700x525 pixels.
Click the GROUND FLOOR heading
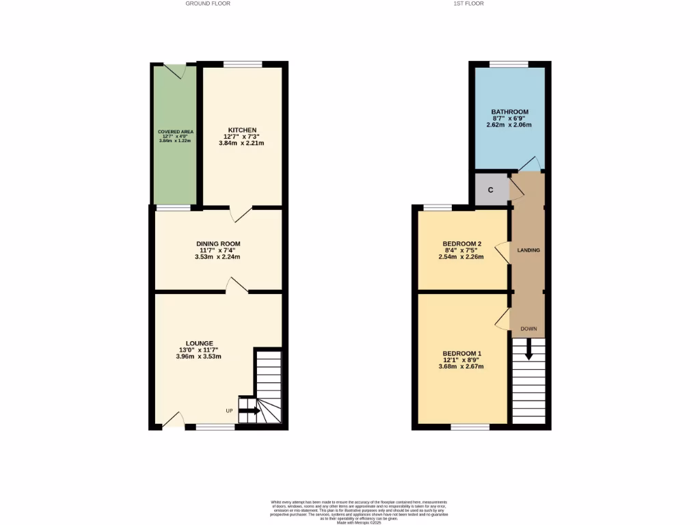click(x=208, y=3)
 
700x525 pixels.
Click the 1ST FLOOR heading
click(x=469, y=3)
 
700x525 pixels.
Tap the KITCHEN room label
click(x=242, y=130)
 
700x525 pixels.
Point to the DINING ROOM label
click(x=218, y=244)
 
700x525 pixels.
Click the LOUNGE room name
click(x=200, y=343)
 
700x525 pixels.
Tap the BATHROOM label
click(x=510, y=111)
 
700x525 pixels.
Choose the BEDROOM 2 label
click(x=462, y=244)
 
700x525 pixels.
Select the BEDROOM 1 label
click(x=461, y=353)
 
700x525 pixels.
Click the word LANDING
click(x=528, y=250)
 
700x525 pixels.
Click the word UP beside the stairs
click(x=230, y=411)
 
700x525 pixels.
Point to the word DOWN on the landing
click(x=528, y=329)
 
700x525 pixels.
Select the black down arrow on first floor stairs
click(x=528, y=350)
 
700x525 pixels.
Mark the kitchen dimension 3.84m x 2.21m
click(x=241, y=143)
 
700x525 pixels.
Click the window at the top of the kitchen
click(x=243, y=65)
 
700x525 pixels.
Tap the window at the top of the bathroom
click(x=509, y=65)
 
